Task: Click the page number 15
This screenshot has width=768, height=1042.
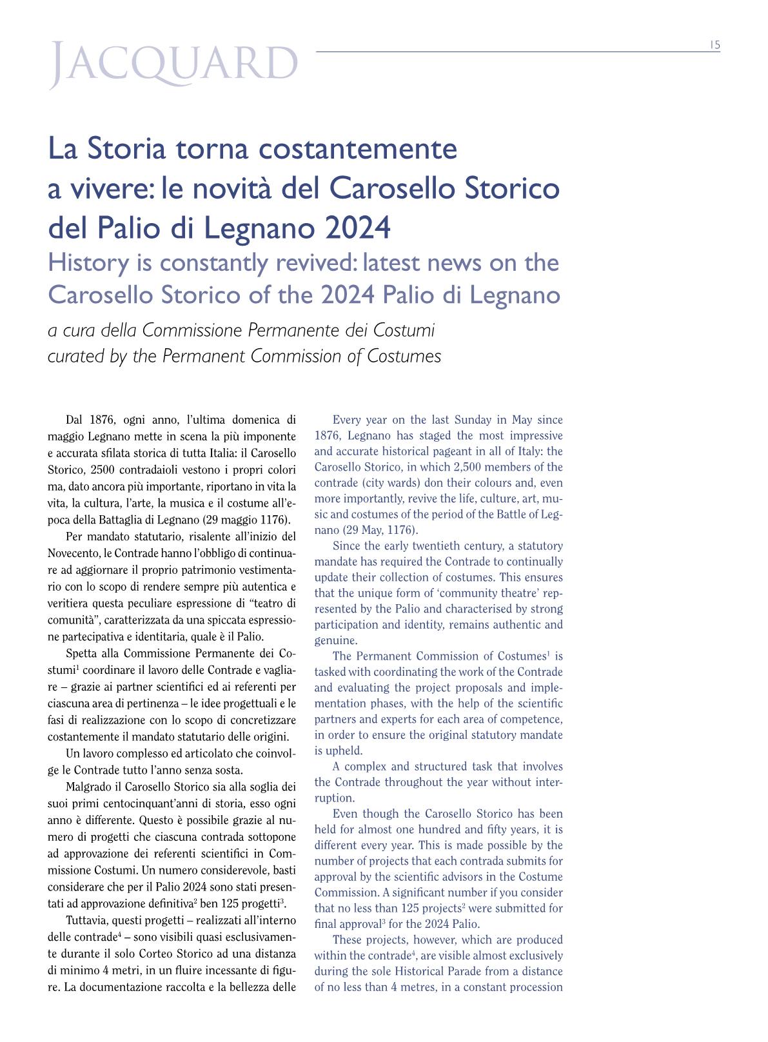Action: click(714, 45)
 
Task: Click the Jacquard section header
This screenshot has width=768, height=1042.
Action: click(174, 66)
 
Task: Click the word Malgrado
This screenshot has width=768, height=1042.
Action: click(86, 787)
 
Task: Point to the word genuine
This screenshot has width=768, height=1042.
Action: click(335, 640)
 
